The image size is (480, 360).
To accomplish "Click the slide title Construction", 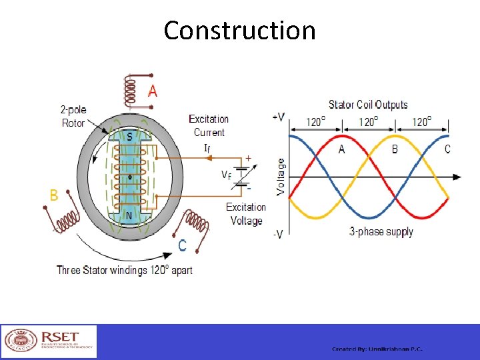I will point(239,31).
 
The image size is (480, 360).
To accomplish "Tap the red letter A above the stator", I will point(153,91).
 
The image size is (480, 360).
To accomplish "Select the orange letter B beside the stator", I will point(54,195).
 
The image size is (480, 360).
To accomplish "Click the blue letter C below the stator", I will point(182,245).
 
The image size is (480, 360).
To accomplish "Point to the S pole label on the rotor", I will point(129,135).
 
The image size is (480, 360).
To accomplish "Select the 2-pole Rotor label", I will point(73,116).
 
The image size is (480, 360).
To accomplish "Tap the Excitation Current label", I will point(209,125).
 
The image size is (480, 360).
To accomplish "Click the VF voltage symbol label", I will point(227,175).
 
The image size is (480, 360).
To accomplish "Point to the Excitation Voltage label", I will point(246,213).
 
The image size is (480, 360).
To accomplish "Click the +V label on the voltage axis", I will point(279,117).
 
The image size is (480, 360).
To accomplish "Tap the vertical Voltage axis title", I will point(281,176).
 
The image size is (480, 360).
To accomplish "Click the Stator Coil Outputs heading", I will point(368,105).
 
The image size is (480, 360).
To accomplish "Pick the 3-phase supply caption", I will point(381,232).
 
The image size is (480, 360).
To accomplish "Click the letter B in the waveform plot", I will point(395,149).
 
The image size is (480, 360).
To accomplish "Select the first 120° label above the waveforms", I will point(315,122).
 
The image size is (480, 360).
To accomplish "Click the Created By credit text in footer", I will point(377,349).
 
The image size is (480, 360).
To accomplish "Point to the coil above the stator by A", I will point(132,90).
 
